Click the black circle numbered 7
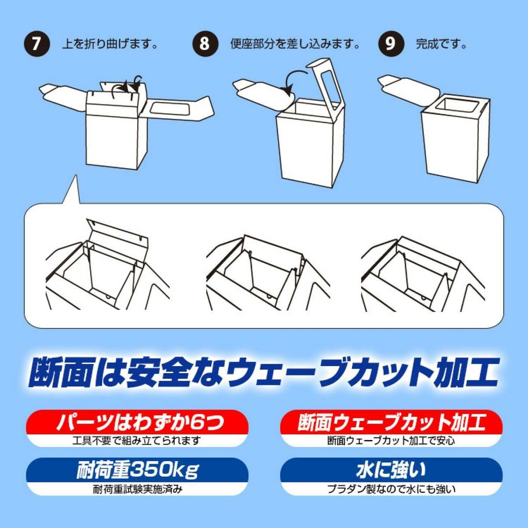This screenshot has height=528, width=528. tap(37, 44)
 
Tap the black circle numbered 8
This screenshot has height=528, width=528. tap(205, 44)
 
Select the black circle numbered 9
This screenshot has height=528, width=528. tap(391, 44)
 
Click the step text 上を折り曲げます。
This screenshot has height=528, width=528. tap(110, 44)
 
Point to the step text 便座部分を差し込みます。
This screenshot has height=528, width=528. tap(295, 44)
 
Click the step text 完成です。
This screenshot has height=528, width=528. tap(441, 44)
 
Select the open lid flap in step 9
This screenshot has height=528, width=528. tap(408, 88)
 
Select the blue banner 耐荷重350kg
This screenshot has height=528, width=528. tap(137, 470)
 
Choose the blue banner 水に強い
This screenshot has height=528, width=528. tap(391, 470)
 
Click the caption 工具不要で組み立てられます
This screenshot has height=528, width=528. tap(137, 440)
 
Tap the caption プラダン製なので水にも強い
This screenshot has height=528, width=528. tap(391, 489)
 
